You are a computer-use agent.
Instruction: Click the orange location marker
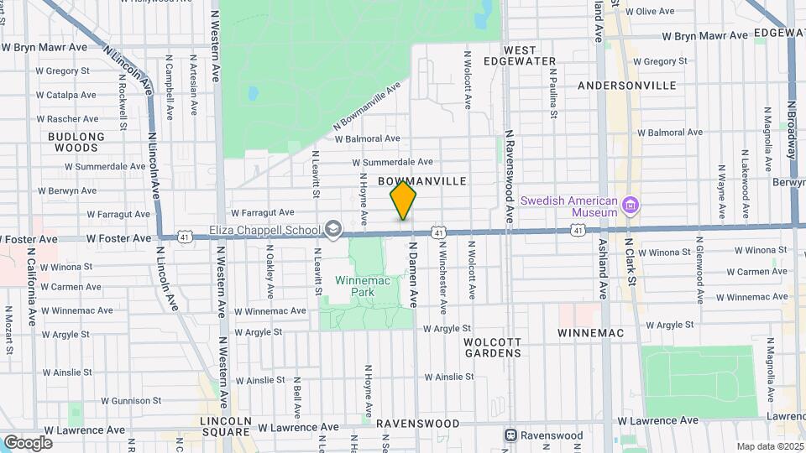point(403,201)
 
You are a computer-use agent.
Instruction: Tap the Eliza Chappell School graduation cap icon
point(334,230)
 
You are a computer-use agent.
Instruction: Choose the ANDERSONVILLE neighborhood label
point(627,86)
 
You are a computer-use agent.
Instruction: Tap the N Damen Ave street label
point(413,274)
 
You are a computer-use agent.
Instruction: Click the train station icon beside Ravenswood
point(510,435)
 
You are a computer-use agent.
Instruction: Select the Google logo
point(28,442)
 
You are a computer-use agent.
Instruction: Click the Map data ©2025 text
point(767,446)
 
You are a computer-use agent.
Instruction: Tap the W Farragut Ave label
point(262,213)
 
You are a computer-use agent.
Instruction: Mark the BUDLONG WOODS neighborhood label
point(76,142)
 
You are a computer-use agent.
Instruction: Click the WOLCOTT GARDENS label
point(492,347)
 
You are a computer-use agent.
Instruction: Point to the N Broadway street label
point(792,130)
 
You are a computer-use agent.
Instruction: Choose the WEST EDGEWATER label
point(531,55)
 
